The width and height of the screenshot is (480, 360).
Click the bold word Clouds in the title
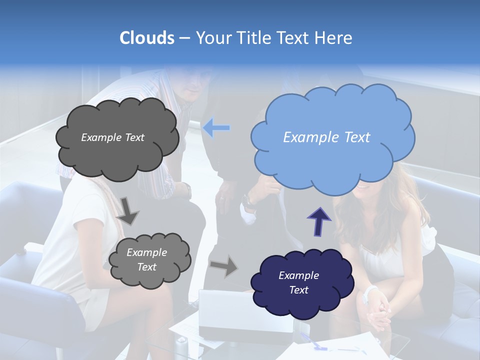point(147,38)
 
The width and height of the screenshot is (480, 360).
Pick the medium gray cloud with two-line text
point(148,260)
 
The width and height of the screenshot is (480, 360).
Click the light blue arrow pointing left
point(216,128)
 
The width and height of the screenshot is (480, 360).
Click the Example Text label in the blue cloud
point(326,137)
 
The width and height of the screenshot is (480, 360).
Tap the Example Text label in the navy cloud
point(298,282)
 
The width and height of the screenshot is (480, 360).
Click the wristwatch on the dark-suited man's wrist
point(247,201)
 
